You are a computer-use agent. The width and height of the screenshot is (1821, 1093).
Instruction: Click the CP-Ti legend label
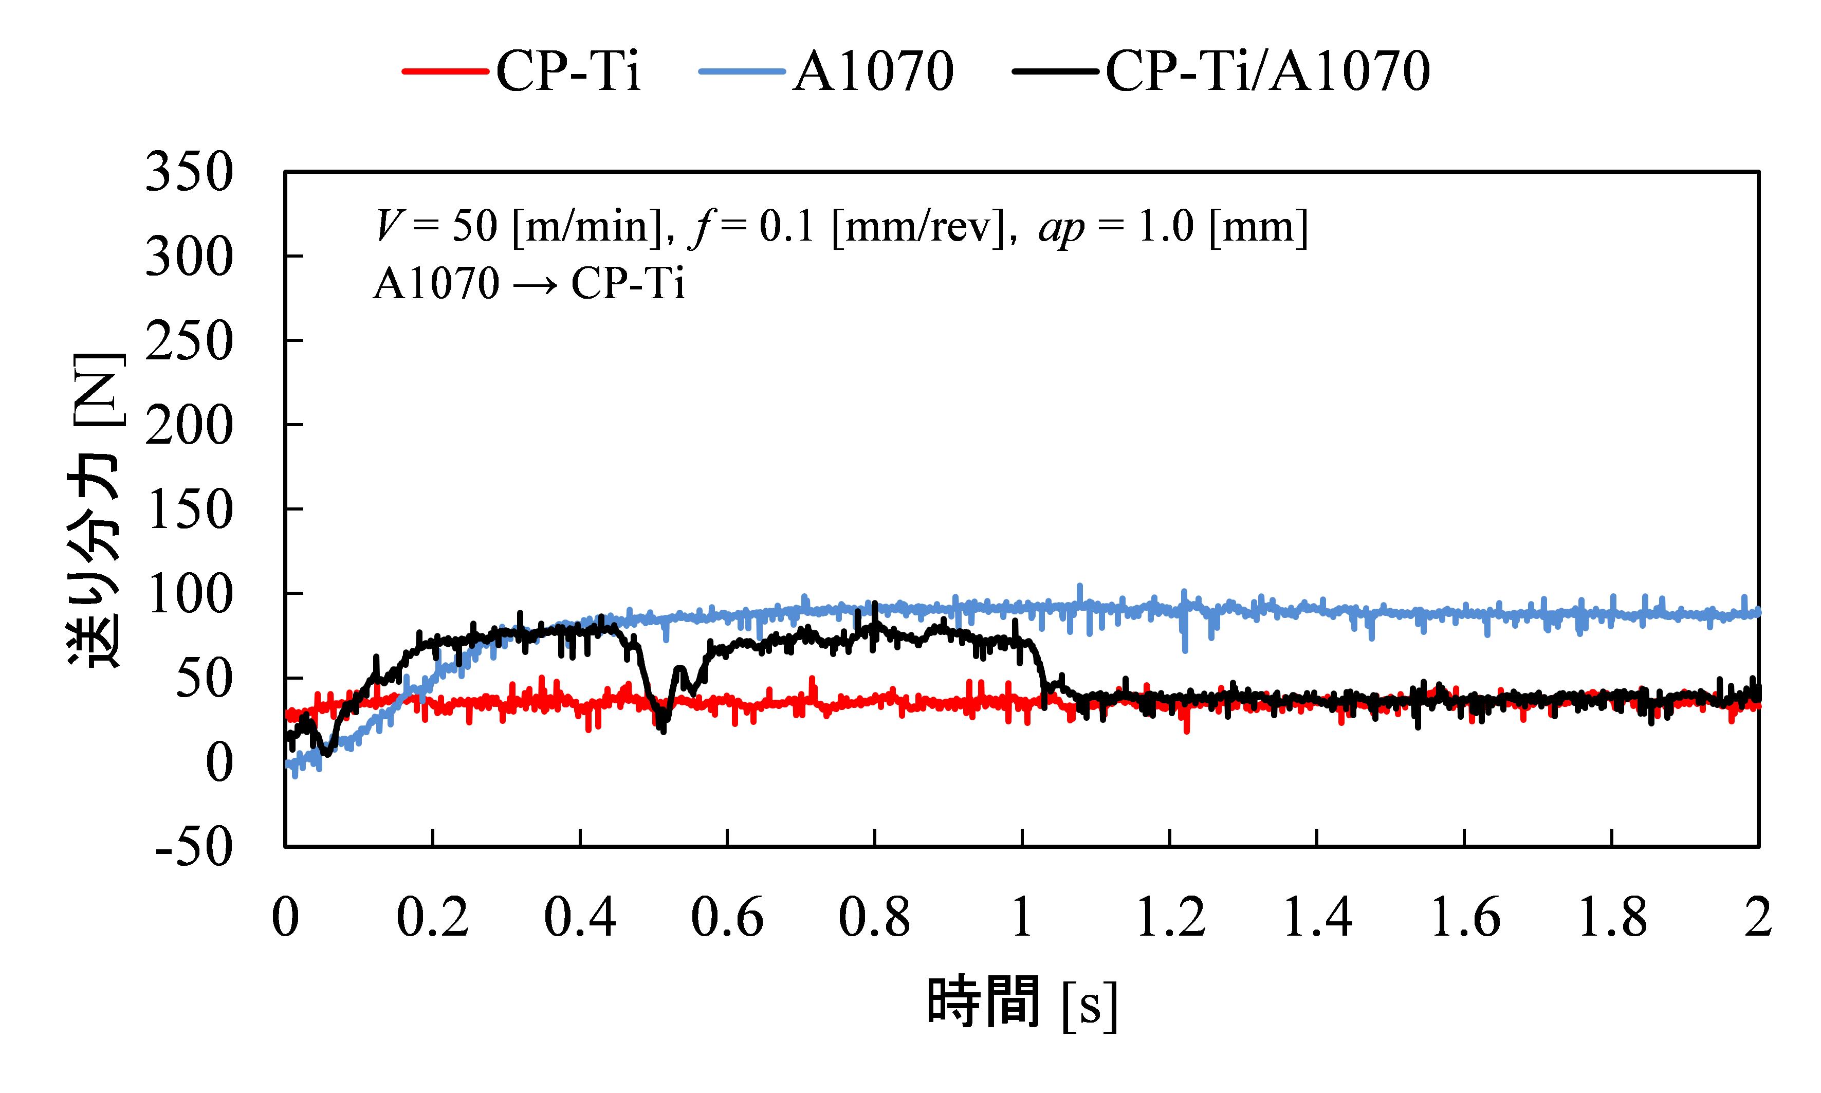coord(568,72)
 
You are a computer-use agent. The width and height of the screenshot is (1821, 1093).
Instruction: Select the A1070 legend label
coord(873,72)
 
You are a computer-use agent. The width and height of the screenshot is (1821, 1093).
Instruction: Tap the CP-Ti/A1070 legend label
coord(1268,72)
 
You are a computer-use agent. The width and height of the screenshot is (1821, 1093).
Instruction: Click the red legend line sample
coord(446,72)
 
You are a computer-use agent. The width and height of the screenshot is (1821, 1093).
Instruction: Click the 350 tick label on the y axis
coord(189,173)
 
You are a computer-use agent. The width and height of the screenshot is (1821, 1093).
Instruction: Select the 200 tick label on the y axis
coord(189,426)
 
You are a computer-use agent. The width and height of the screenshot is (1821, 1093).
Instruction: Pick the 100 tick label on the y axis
coord(189,594)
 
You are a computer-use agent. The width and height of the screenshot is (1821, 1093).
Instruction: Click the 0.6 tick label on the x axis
coord(727,918)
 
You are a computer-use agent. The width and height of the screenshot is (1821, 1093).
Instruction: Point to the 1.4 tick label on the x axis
coord(1317,918)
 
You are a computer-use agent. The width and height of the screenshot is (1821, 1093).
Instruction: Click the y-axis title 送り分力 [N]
coord(96,509)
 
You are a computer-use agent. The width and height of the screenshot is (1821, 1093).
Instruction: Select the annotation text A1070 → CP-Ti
coord(529,284)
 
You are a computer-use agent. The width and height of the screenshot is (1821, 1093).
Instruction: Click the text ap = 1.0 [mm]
coord(1173,227)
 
